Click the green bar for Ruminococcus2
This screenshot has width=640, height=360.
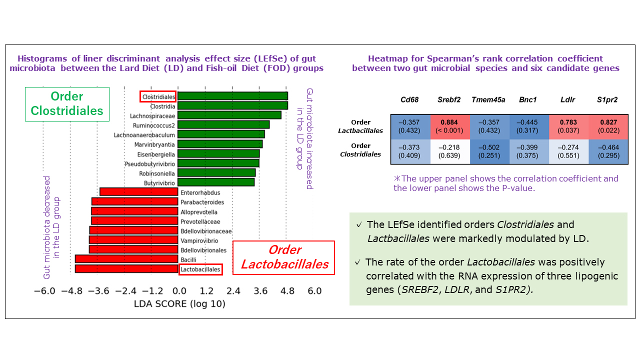(x=223, y=124)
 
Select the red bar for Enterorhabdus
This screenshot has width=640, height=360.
(x=139, y=192)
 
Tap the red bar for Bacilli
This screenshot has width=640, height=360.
(x=126, y=259)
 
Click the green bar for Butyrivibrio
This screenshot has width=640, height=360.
(x=216, y=182)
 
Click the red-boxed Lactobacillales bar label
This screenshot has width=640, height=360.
(x=200, y=269)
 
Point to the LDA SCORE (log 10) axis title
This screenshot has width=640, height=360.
(x=179, y=304)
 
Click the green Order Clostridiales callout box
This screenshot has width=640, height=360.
(x=67, y=104)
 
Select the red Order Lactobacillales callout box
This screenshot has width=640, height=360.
(x=284, y=257)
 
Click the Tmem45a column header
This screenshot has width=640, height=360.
(x=489, y=100)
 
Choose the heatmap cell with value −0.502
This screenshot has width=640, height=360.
(x=489, y=152)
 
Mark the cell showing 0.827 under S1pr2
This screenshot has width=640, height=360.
(x=608, y=127)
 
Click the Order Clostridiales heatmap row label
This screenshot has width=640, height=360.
(x=360, y=150)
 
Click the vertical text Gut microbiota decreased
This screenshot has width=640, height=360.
(x=48, y=227)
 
